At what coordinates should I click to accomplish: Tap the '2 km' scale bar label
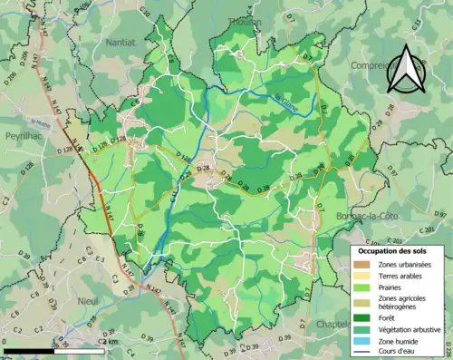(x=110, y=342)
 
